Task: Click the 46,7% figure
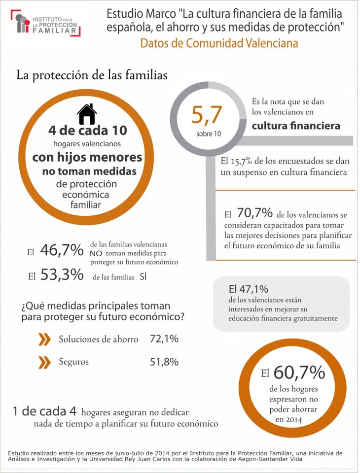[x=62, y=250]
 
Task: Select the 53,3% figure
[x=62, y=275]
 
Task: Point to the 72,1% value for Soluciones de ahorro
[x=164, y=339]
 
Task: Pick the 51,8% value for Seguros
[x=164, y=362]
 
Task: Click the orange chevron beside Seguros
[x=44, y=362]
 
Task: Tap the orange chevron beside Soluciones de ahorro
[x=44, y=339]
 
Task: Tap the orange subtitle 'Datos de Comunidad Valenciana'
[x=219, y=43]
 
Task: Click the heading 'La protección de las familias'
[x=92, y=75]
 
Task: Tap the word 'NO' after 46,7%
[x=97, y=253]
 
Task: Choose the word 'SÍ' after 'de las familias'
[x=144, y=277]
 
